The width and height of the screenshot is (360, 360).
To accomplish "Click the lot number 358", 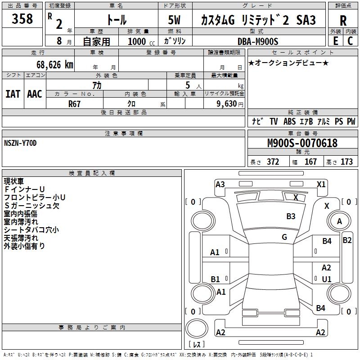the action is (22, 19).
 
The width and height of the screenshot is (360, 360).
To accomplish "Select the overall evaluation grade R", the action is (343, 21).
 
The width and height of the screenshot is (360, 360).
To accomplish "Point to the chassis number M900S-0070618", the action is (302, 144).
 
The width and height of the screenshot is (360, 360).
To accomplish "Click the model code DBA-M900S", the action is (258, 41).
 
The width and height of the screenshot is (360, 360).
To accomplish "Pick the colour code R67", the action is (75, 103).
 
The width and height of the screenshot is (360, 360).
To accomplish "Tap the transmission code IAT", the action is (13, 94).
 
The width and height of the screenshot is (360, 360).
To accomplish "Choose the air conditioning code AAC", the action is (35, 94).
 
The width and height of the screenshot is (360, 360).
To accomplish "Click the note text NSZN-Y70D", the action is (20, 144).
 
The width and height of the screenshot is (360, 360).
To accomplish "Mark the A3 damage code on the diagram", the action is (220, 184).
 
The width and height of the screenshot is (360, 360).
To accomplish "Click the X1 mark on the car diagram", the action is (321, 184).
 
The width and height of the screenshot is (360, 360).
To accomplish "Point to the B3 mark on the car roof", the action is (291, 216).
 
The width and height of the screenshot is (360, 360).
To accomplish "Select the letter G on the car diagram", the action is (284, 237).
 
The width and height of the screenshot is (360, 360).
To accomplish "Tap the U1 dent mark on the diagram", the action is (327, 279).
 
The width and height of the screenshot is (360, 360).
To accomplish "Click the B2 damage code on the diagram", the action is (347, 240).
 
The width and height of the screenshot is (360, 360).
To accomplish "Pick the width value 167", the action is (311, 162).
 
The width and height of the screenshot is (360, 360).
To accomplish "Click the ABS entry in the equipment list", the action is (289, 121).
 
